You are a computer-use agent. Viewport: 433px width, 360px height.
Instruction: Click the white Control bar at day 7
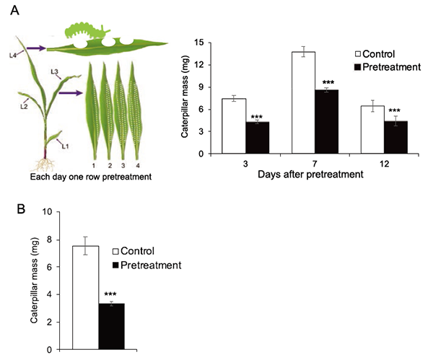303,102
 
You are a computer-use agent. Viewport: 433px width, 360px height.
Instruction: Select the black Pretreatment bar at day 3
258,137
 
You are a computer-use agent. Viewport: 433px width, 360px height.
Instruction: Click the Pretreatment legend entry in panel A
388,66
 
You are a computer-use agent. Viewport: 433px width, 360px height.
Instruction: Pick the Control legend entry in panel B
139,251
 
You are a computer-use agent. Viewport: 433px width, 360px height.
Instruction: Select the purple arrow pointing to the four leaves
69,92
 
